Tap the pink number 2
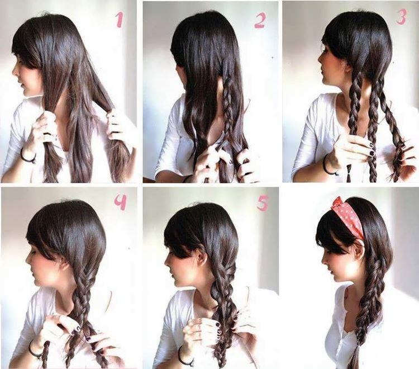tap(259, 20)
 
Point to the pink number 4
tap(120, 202)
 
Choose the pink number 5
tap(263, 202)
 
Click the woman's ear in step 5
tap(198, 258)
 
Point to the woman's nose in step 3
tap(320, 58)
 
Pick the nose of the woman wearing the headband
tap(322, 258)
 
